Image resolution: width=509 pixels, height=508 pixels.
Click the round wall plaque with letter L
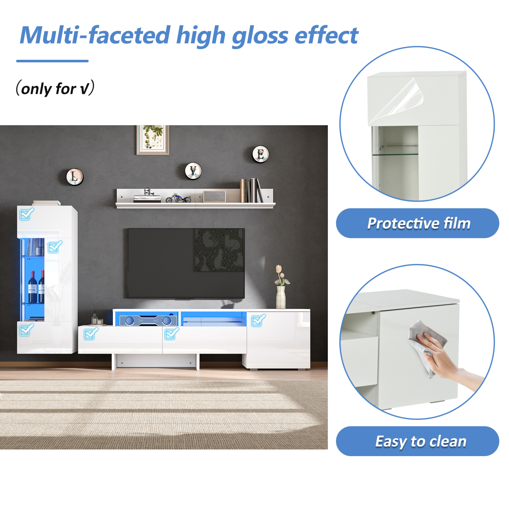[x=74, y=177]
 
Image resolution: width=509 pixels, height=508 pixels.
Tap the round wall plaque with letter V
[x=193, y=171]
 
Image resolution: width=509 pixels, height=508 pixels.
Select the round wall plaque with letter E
[x=261, y=154]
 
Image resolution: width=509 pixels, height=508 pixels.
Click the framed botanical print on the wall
[x=153, y=140]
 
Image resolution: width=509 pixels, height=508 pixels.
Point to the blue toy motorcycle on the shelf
[x=178, y=198]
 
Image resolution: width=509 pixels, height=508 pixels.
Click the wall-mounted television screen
[x=186, y=263]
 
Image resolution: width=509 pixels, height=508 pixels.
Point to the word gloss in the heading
[x=260, y=37]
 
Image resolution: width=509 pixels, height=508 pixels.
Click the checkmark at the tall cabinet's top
[x=27, y=214]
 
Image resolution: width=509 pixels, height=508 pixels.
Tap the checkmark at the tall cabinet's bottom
[x=27, y=330]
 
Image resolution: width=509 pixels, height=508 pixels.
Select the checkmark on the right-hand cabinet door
[x=258, y=320]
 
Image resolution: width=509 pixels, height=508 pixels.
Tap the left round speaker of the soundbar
[x=129, y=321]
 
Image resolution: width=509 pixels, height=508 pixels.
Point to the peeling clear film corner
[x=407, y=97]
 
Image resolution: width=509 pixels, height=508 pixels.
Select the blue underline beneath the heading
[x=52, y=61]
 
